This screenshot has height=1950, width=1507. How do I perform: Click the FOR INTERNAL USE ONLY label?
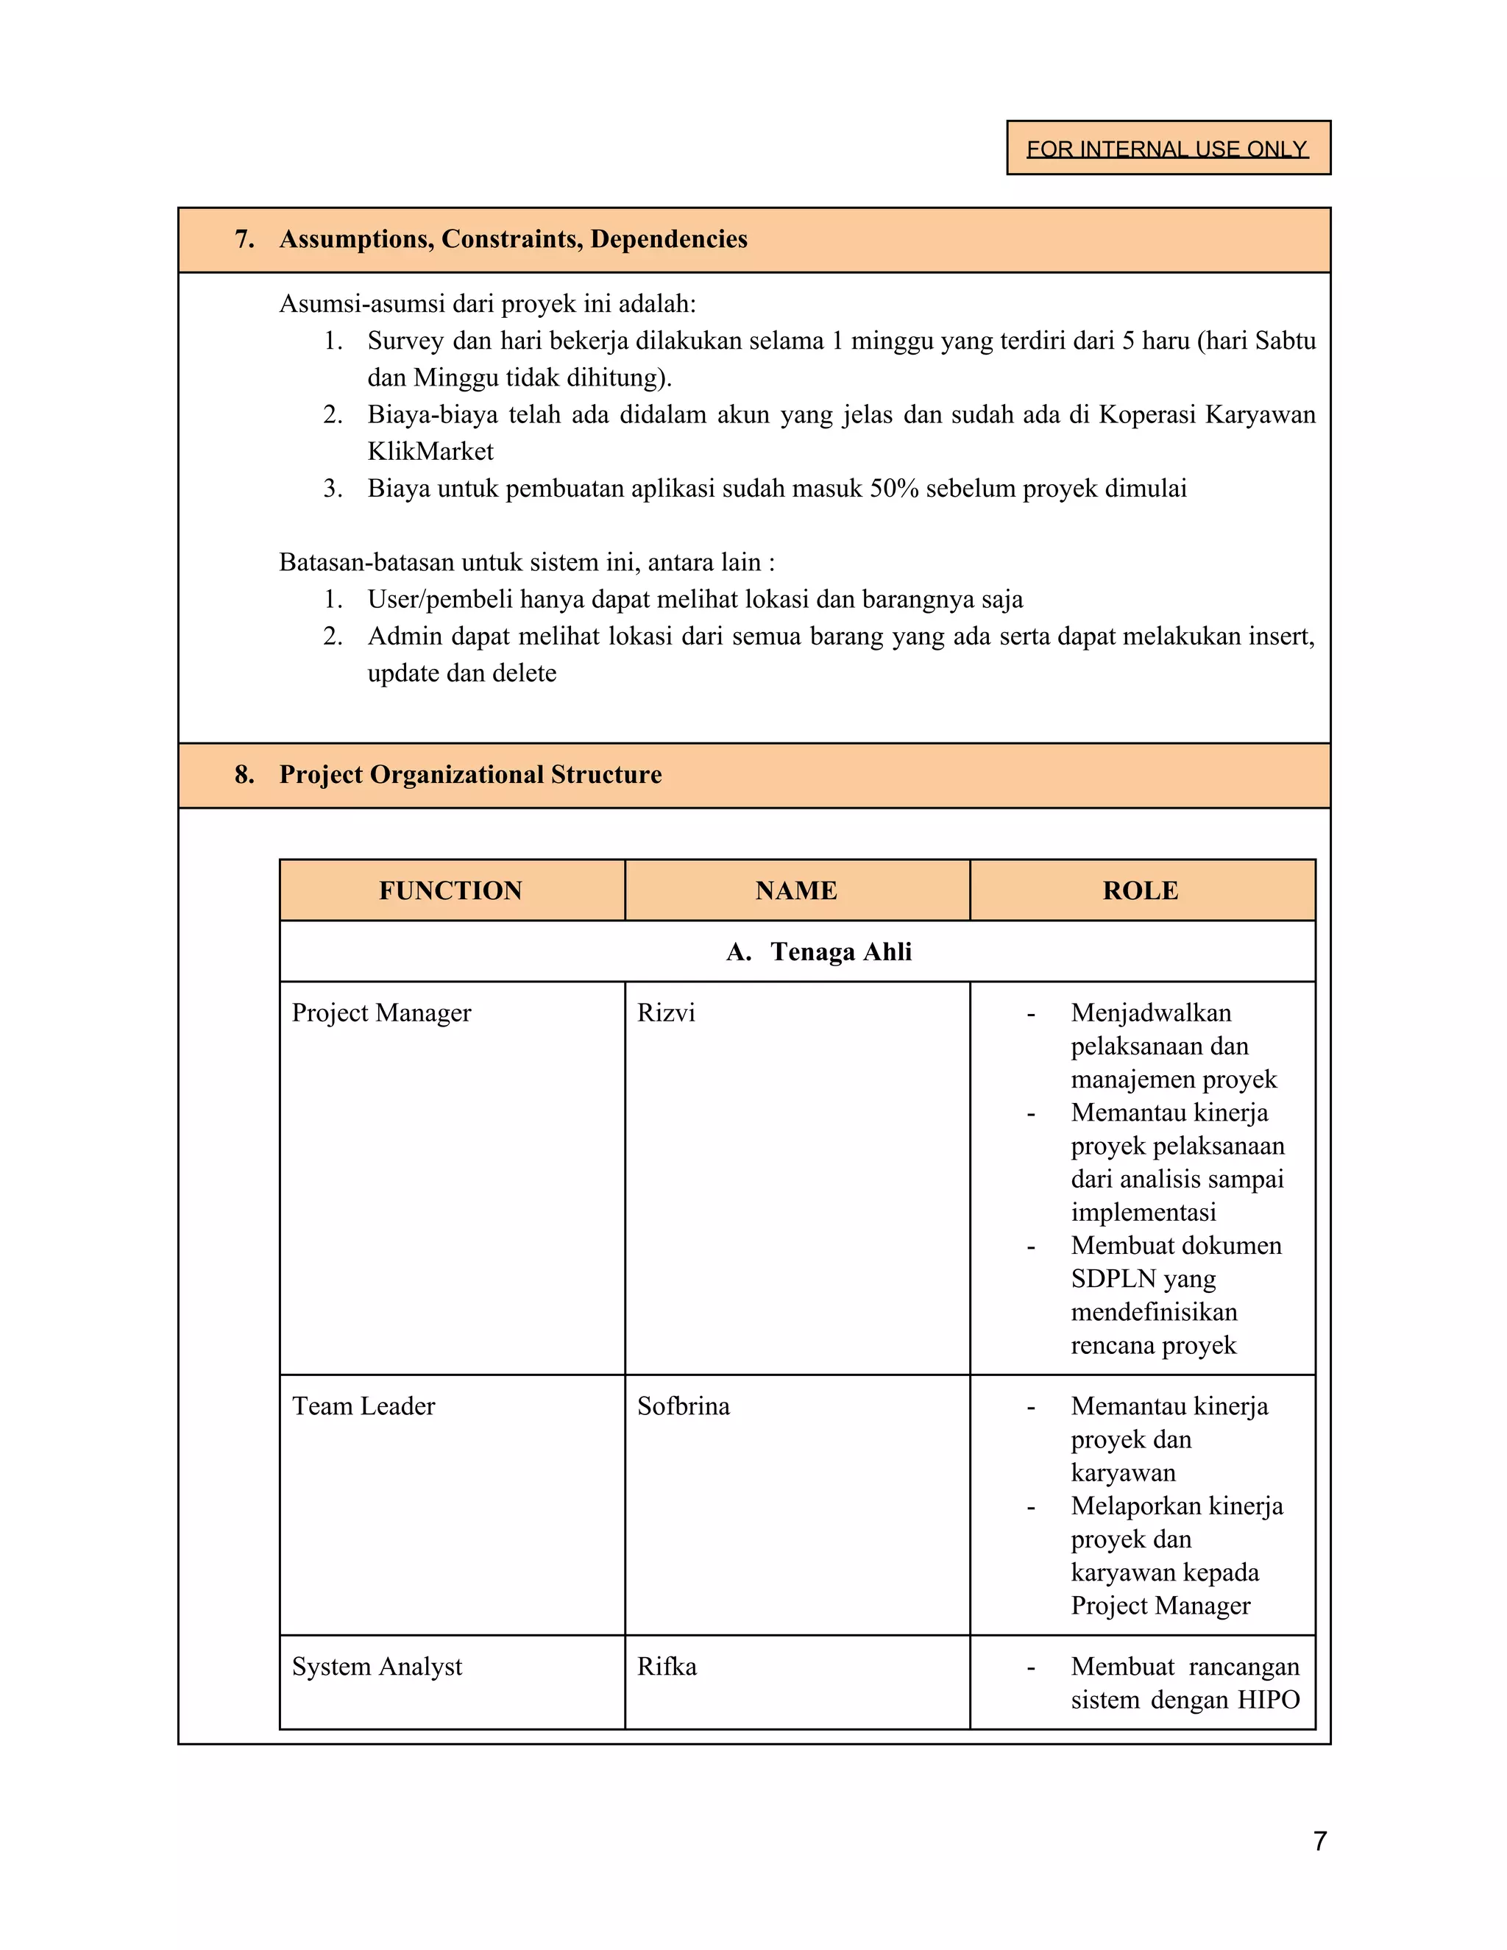click(1167, 148)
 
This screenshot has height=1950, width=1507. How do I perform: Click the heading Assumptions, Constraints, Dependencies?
click(514, 239)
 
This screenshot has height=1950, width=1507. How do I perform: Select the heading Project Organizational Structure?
click(470, 774)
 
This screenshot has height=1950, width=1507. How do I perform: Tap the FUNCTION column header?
click(451, 890)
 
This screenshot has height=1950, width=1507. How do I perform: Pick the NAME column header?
click(796, 890)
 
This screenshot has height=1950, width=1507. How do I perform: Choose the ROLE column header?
click(1141, 890)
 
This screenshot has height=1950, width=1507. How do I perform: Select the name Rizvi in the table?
click(666, 1013)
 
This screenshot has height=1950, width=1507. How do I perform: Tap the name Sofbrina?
click(683, 1406)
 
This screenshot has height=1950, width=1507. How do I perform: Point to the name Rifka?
click(667, 1667)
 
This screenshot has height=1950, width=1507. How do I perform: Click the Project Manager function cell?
click(381, 1013)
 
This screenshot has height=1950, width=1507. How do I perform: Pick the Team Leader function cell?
click(364, 1406)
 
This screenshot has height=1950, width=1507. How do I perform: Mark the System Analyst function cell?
click(377, 1667)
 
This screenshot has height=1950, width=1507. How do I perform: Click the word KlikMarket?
click(430, 452)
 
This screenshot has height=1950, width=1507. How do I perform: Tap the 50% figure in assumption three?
click(893, 489)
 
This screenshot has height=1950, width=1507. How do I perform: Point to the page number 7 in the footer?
click(1320, 1841)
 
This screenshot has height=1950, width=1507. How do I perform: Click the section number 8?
click(244, 774)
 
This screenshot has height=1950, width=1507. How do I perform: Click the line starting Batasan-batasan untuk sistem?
click(527, 562)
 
